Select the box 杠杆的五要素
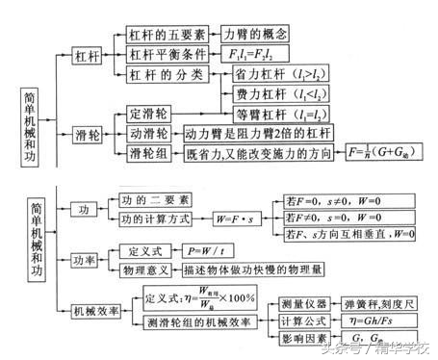pos(162,33)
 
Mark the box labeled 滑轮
pos(87,133)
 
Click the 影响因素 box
pos(304,340)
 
